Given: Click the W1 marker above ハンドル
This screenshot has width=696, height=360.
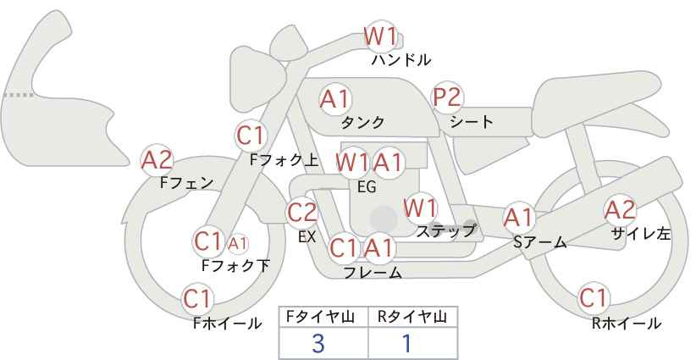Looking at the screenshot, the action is coord(380,36).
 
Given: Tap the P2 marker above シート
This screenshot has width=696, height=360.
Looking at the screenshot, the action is coord(447,97).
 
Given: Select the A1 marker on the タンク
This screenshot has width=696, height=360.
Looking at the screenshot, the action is coord(335,99).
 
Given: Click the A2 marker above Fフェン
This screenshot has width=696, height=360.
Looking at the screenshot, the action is coord(157,160).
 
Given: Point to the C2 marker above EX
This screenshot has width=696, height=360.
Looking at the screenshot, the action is coord(302,213).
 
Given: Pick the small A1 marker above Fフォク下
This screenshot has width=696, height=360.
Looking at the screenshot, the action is coord(237,243).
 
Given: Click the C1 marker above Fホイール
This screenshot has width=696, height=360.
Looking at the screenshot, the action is coord(197,299).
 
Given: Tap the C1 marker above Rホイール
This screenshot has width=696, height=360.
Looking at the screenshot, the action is coord(594,298).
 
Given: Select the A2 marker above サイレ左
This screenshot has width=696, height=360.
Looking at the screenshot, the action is coord(620,210).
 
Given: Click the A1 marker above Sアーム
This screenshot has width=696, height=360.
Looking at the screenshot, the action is coord(518,218).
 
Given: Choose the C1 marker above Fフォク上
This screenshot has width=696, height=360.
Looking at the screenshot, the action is coord(251,136).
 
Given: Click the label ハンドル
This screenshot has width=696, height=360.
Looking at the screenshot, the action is coord(401,60).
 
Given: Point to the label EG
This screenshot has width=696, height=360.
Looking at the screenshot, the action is coord(367,187).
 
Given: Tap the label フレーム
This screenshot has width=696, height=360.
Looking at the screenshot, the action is coord(373,273).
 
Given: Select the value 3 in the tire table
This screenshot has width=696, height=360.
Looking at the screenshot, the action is coord(318,344).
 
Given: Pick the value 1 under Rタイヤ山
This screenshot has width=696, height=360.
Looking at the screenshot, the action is coord(407,344).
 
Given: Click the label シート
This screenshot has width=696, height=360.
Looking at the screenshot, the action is coord(472,121).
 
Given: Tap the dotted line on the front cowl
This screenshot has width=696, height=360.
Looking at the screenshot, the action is coord(19,95).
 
